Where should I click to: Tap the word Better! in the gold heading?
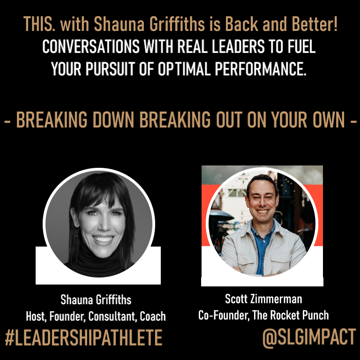click(x=315, y=24)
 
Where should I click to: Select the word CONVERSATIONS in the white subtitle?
click(x=91, y=46)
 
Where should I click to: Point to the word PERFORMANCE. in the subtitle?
click(x=261, y=69)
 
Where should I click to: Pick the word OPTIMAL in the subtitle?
click(x=184, y=69)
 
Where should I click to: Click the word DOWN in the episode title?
click(x=113, y=120)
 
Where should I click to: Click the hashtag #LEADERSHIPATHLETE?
click(x=83, y=337)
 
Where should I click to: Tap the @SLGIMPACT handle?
click(x=309, y=337)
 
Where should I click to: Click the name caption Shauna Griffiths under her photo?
click(x=96, y=300)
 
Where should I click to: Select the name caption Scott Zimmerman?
click(x=263, y=299)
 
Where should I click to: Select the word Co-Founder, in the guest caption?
click(x=224, y=315)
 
